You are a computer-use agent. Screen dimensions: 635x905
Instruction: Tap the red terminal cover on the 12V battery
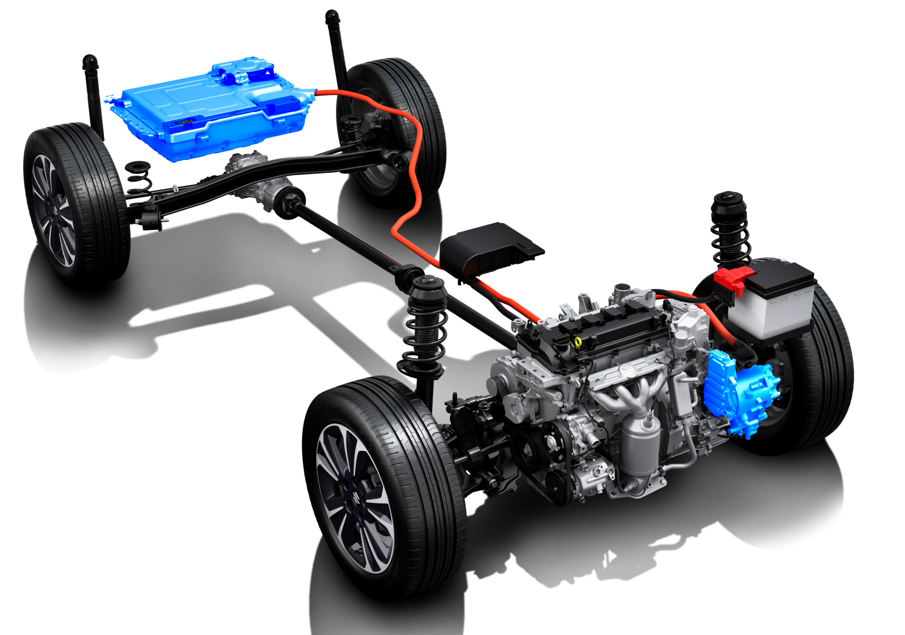(x=734, y=280)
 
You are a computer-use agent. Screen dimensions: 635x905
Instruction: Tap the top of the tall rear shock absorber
(x=332, y=17)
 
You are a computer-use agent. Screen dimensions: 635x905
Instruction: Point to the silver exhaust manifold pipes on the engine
(x=628, y=390)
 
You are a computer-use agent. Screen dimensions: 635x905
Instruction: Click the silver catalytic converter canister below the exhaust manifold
(x=639, y=446)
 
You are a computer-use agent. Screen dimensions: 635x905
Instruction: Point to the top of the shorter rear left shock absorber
(x=90, y=62)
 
